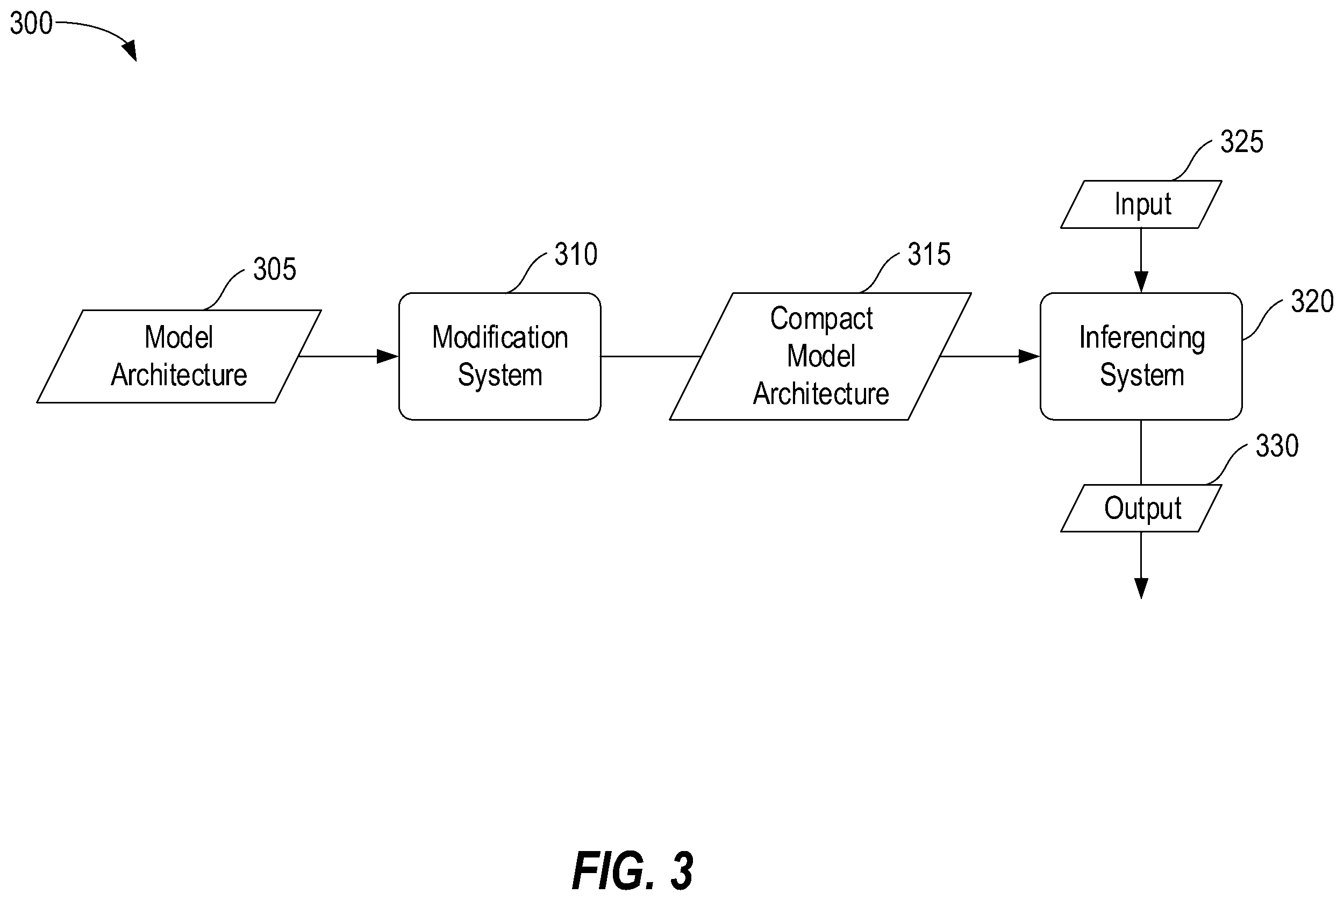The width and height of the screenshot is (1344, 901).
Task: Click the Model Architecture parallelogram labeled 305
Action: [179, 356]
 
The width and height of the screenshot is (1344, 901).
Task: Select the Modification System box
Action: [499, 356]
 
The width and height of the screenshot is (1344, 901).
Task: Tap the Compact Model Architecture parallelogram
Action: [820, 356]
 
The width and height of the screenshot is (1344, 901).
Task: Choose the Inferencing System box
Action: [1141, 356]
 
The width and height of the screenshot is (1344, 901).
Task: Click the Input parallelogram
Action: [1141, 205]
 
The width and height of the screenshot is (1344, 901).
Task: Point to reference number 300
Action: [31, 24]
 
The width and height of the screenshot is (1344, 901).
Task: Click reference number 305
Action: [275, 269]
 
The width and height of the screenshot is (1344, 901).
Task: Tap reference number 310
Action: [576, 254]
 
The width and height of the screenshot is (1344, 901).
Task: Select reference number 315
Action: [929, 254]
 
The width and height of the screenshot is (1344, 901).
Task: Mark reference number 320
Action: [1312, 301]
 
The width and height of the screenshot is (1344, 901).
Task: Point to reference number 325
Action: [1242, 141]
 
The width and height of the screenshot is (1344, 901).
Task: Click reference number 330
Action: [1277, 446]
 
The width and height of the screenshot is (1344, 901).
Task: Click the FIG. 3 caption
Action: [633, 871]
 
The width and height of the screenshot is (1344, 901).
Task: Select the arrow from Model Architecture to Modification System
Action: [349, 356]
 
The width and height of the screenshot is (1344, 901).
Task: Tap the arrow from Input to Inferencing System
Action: [1141, 260]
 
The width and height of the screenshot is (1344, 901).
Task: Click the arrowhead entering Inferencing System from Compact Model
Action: [1029, 356]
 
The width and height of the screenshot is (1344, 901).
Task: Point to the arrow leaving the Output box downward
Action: [1141, 565]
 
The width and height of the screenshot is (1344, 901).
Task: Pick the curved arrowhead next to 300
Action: [130, 50]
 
